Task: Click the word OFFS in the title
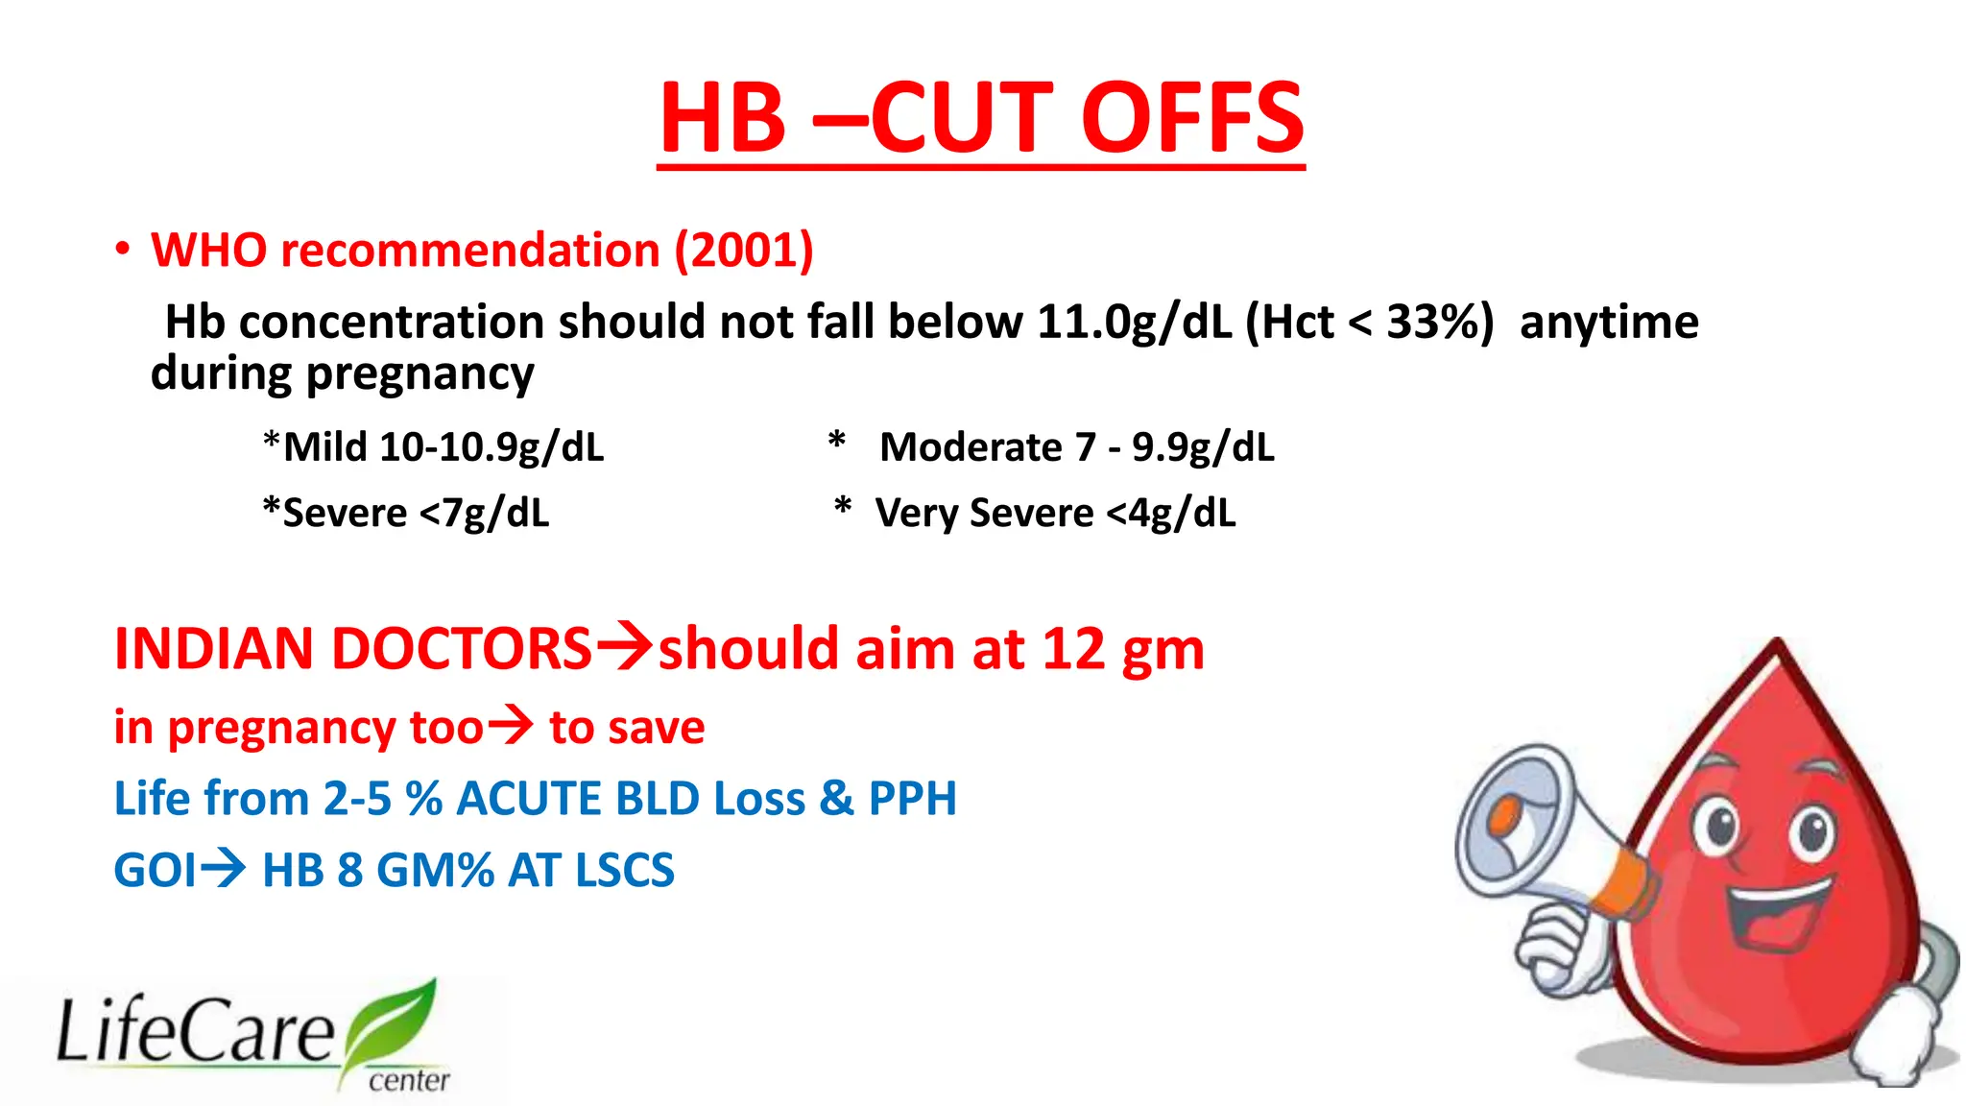point(1192,118)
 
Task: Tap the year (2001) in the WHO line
point(744,251)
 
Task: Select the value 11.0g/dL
point(1134,322)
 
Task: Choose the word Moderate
point(971,447)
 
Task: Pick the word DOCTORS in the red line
point(462,649)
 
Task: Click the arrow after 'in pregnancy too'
point(510,725)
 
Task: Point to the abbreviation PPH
point(912,799)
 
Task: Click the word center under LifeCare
point(409,1081)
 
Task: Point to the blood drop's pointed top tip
point(1778,645)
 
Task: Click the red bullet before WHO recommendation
point(122,250)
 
